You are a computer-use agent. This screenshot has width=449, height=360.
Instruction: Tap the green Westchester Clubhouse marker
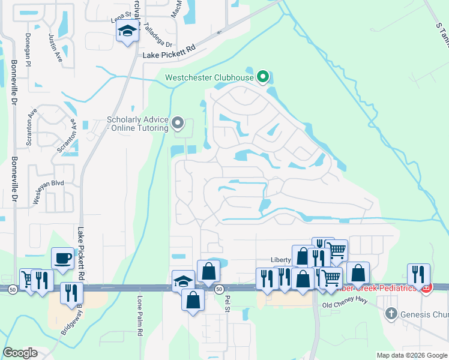[262, 77]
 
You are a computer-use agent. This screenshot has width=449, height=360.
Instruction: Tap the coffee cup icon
[63, 259]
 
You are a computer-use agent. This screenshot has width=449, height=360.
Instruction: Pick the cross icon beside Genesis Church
[391, 313]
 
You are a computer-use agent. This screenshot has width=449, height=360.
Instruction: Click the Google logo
[20, 353]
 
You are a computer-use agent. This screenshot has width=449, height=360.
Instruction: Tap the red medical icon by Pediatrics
[426, 289]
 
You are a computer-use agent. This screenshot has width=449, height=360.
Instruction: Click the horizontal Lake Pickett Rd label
[169, 55]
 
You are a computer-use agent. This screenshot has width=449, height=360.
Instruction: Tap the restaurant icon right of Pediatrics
[418, 274]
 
